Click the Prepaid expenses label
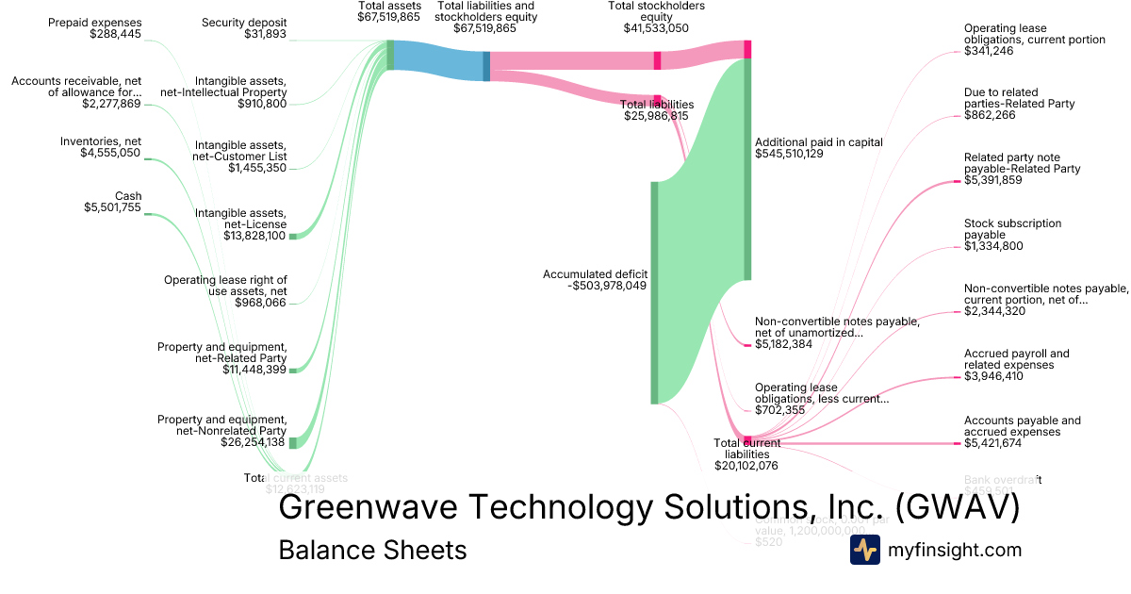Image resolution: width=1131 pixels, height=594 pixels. point(94,22)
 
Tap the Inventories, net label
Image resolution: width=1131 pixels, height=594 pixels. point(100,141)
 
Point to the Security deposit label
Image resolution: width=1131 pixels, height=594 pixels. point(244,22)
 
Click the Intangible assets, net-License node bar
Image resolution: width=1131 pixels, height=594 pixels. point(292,236)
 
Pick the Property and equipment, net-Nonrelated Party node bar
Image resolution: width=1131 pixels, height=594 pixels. point(292,442)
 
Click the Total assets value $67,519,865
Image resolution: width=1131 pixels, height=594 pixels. point(388,17)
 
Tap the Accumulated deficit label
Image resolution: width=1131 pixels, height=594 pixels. point(595,274)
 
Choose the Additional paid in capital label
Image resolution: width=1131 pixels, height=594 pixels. point(819,142)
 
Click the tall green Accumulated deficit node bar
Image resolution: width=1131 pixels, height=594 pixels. point(654,292)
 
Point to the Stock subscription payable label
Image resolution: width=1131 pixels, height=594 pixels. point(1012,229)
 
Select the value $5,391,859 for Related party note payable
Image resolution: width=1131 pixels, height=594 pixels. point(993,180)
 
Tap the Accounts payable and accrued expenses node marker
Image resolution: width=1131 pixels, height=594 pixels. point(956,443)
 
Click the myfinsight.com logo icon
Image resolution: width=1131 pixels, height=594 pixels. point(864,550)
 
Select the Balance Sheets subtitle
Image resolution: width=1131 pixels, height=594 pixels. point(372,550)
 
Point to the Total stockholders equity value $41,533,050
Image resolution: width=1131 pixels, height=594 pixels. point(656,28)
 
